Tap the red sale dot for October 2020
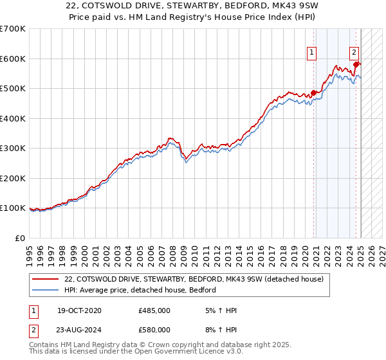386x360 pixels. pyautogui.click(x=314, y=93)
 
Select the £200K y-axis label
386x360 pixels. pyautogui.click(x=14, y=178)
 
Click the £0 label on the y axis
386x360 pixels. pyautogui.click(x=21, y=238)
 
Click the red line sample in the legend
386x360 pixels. pyautogui.click(x=46, y=279)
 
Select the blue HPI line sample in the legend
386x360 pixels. pyautogui.click(x=46, y=290)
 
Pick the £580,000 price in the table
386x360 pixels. pyautogui.click(x=154, y=330)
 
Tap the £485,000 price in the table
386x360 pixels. pyautogui.click(x=154, y=310)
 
